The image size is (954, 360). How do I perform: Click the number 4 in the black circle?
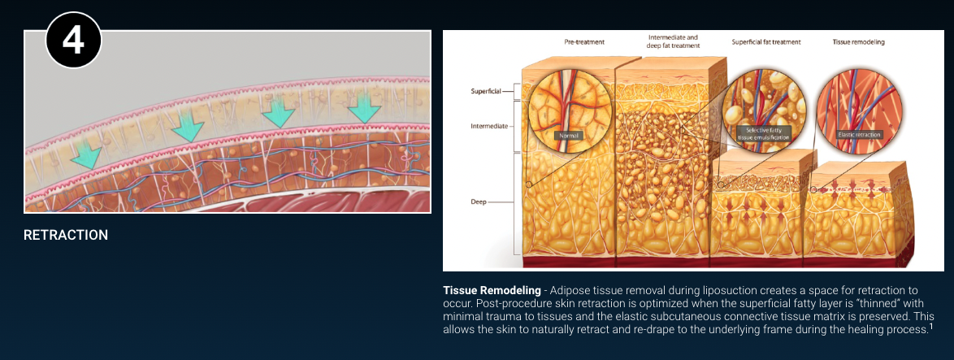pyautogui.click(x=73, y=41)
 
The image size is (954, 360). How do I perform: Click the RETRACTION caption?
pyautogui.click(x=66, y=235)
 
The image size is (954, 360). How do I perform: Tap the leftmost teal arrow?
pyautogui.click(x=85, y=155)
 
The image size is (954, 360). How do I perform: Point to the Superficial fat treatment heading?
pyautogui.click(x=766, y=42)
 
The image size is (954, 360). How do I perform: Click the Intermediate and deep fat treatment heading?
pyautogui.click(x=674, y=41)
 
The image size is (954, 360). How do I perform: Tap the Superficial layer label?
pyautogui.click(x=486, y=91)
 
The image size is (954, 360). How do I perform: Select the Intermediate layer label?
pyautogui.click(x=488, y=127)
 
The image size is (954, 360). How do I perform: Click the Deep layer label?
pyautogui.click(x=478, y=202)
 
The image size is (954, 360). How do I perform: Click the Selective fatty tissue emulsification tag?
pyautogui.click(x=763, y=134)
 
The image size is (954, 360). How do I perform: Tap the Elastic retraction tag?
pyautogui.click(x=858, y=134)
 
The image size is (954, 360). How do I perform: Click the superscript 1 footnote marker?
pyautogui.click(x=930, y=327)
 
